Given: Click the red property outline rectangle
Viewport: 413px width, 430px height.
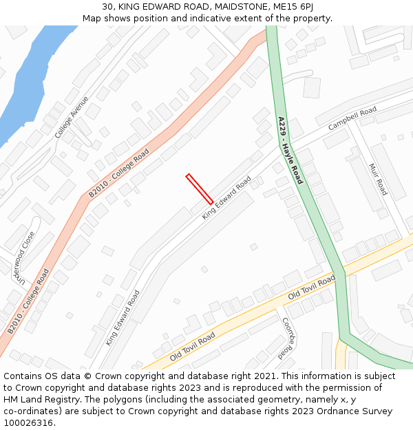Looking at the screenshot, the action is coord(200,189).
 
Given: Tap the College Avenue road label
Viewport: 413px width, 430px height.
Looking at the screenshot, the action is coord(72,117).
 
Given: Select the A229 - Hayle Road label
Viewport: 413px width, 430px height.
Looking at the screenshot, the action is coord(290,150).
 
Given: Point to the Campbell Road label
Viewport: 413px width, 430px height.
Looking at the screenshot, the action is coord(352,119).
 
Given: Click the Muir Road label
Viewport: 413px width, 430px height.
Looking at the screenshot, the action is coord(379,179).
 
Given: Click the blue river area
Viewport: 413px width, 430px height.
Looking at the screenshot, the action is coord(28,83).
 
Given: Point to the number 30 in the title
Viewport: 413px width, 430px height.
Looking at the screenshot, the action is coord(108,7).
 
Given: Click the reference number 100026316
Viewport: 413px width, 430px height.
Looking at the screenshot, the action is coord(29,422).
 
